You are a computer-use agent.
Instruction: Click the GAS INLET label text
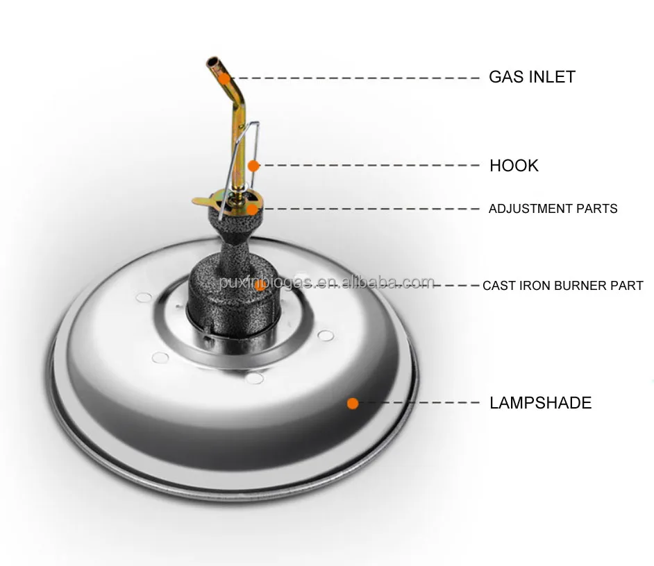(x=532, y=77)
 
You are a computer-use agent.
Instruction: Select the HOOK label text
(x=514, y=166)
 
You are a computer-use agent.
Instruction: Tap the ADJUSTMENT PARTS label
(x=553, y=209)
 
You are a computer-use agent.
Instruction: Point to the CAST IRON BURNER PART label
(x=562, y=286)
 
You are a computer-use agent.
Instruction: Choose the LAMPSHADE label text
(x=540, y=403)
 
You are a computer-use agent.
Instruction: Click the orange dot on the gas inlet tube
(x=224, y=78)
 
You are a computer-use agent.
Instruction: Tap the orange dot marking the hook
(x=254, y=166)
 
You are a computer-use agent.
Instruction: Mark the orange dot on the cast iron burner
(x=259, y=285)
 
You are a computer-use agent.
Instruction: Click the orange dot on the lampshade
(x=353, y=402)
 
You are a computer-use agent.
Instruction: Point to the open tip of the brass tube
(x=212, y=65)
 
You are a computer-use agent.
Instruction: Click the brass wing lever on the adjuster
(x=203, y=201)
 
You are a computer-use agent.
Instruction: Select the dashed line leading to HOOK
(x=368, y=166)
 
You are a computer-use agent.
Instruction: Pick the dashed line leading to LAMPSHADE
(x=417, y=402)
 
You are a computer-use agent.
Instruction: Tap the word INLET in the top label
(x=552, y=77)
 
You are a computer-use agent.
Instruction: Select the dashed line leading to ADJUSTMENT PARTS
(x=368, y=208)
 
